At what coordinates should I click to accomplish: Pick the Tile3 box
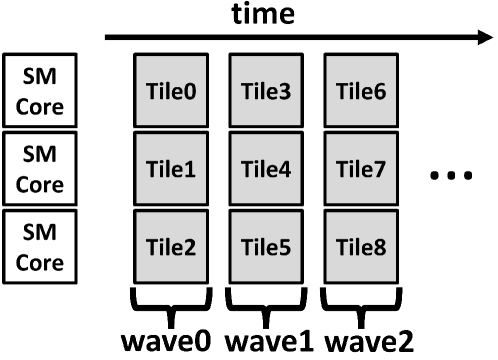click(267, 93)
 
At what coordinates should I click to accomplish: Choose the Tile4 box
click(267, 169)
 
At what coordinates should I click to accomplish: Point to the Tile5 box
click(267, 245)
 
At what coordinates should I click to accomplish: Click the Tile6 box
click(361, 93)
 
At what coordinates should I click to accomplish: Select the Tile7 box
click(361, 169)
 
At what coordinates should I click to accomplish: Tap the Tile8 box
click(361, 245)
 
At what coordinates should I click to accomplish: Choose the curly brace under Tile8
click(361, 298)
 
